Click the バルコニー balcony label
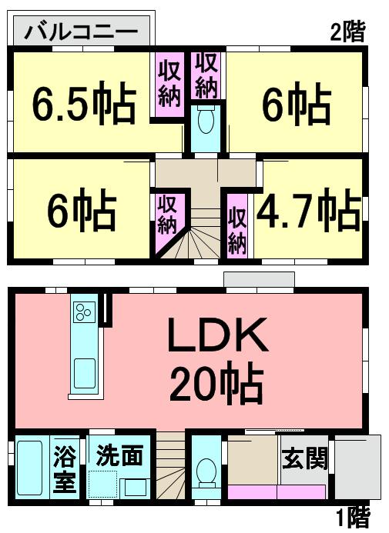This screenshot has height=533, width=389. point(82,32)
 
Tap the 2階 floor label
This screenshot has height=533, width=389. point(347,32)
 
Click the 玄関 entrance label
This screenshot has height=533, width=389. point(305,459)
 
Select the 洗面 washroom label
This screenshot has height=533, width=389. point(119,455)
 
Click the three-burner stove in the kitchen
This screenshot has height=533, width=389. point(83,312)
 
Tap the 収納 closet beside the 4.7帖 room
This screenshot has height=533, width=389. point(236,225)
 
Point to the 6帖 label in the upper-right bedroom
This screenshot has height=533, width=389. point(297,105)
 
